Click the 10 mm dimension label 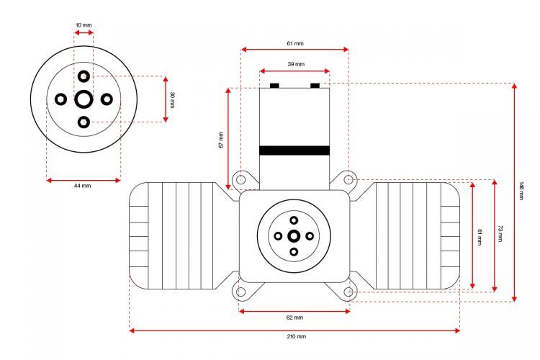84,25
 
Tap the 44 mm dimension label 83,186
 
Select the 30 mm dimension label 173,99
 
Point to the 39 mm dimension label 296,64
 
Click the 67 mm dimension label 221,140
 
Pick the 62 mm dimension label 294,318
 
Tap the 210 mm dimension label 296,336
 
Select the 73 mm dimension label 500,233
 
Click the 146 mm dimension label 521,191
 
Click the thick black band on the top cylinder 294,150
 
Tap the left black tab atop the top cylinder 274,86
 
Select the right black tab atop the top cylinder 315,86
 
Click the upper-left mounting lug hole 241,179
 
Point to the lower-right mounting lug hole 348,292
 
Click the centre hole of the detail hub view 84,99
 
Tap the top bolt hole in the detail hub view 84,76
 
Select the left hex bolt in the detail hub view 61,99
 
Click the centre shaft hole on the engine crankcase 294,236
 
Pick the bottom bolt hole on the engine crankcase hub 294,252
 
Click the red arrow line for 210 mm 294,330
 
